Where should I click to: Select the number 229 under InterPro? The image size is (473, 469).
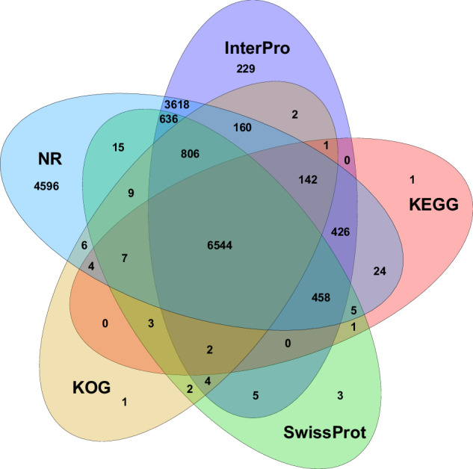[245, 69]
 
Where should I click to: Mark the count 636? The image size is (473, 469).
[168, 119]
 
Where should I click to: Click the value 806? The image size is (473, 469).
[191, 154]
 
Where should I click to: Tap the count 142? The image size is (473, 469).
[307, 180]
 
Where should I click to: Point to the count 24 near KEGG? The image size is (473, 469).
[379, 271]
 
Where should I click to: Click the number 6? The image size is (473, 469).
[84, 246]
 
